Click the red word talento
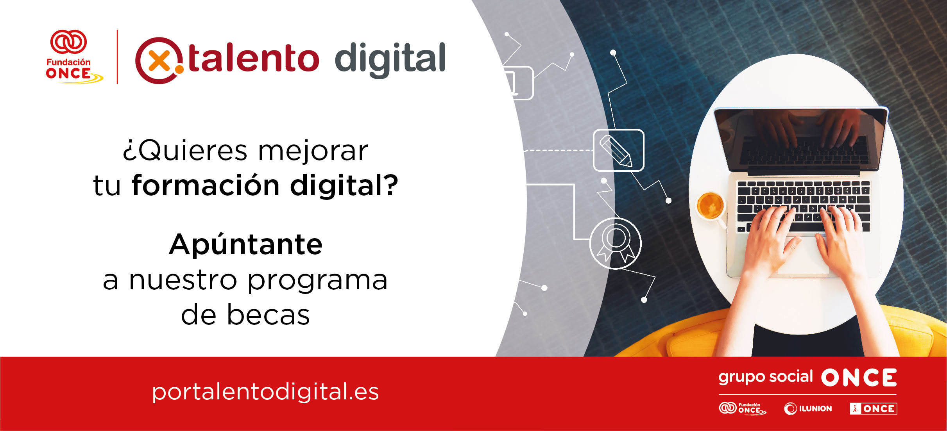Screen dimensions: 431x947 253,59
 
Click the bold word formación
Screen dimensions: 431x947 206,185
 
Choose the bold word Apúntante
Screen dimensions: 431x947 246,245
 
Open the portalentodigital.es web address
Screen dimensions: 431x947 265,392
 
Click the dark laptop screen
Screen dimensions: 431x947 800,139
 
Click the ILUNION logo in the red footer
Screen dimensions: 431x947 808,409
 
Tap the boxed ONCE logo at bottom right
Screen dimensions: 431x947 873,409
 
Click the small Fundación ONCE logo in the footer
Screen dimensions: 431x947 742,409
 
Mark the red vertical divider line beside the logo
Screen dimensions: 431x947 117,57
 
